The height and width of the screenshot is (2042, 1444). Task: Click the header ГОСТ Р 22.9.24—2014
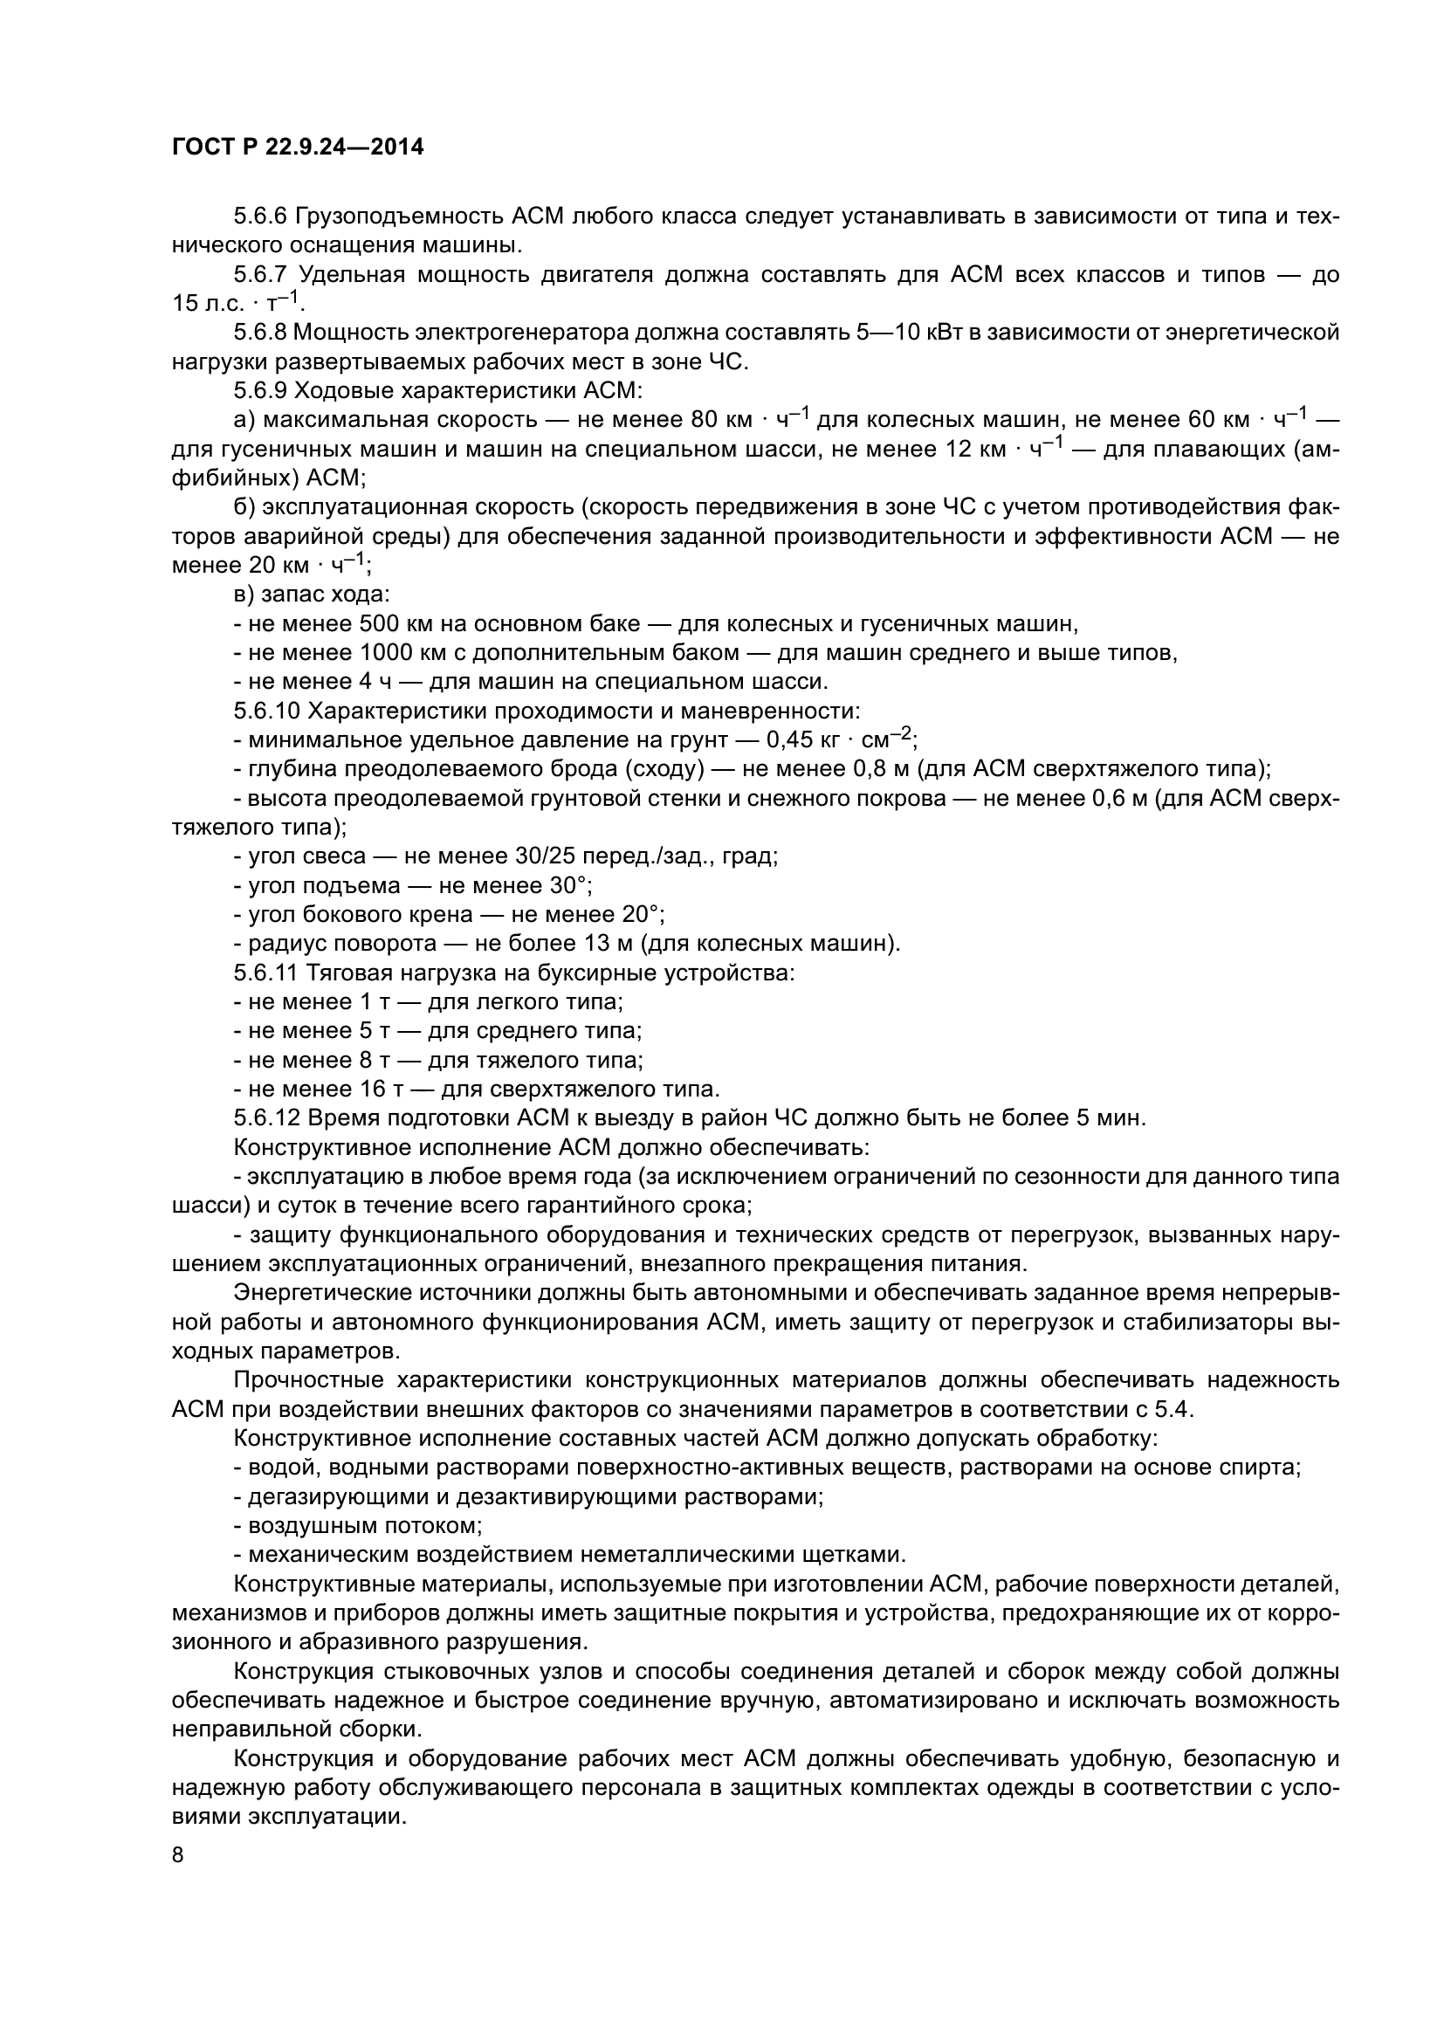tap(297, 148)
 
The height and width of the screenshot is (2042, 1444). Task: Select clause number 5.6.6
tap(260, 217)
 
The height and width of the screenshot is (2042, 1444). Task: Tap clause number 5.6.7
tap(260, 275)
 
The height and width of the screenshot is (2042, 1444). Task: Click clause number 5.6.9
tap(260, 391)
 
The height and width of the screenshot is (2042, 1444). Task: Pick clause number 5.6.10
tap(267, 712)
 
